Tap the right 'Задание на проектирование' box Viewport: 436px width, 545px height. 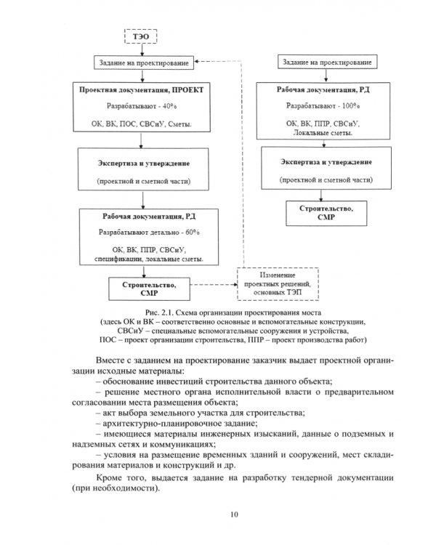click(x=325, y=63)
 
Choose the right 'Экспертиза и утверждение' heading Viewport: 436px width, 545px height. click(x=325, y=161)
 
